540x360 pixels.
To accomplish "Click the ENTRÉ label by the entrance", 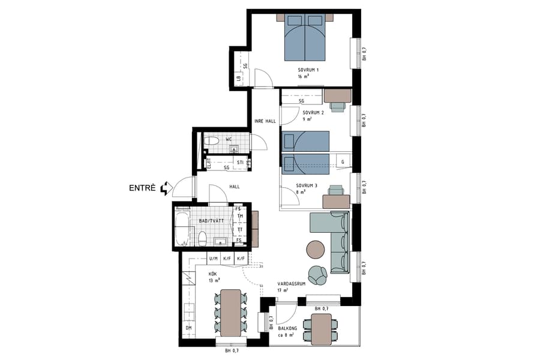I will pyautogui.click(x=142, y=188).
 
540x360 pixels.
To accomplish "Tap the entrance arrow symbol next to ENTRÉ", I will pyautogui.click(x=166, y=188).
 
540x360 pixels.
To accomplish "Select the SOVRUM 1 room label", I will pyautogui.click(x=308, y=70).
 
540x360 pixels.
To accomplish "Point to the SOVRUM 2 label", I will pyautogui.click(x=313, y=113).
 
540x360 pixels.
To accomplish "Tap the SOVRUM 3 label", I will pyautogui.click(x=307, y=185).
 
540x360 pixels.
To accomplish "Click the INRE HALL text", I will pyautogui.click(x=265, y=121).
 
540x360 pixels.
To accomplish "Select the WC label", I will pyautogui.click(x=229, y=139).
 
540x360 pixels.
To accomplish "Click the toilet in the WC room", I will pyautogui.click(x=211, y=142).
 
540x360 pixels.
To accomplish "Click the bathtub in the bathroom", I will pyautogui.click(x=181, y=228).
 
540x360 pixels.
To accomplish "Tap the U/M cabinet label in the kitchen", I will pyautogui.click(x=213, y=259).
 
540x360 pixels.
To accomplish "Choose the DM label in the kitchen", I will pyautogui.click(x=188, y=328).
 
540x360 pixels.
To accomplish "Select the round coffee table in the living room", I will pyautogui.click(x=316, y=248).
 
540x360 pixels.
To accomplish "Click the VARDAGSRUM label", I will pyautogui.click(x=292, y=284).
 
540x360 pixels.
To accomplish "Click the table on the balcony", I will pyautogui.click(x=322, y=329).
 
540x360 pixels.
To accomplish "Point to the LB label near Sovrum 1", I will pyautogui.click(x=238, y=78).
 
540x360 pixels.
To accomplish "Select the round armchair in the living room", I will pyautogui.click(x=318, y=274).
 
